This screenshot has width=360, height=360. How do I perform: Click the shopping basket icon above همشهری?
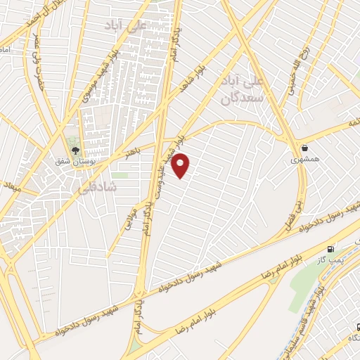305,148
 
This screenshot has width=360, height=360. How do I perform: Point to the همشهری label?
305,160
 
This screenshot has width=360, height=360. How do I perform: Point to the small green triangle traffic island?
134,347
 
